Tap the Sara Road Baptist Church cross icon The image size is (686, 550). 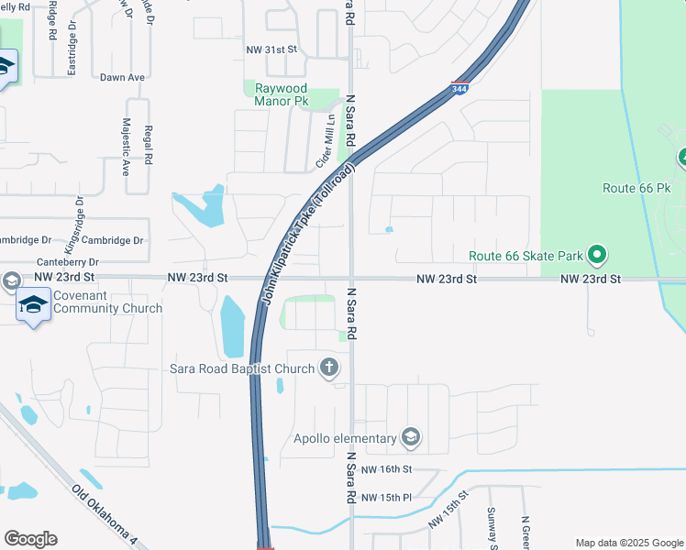click(x=329, y=368)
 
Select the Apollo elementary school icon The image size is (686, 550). click(x=411, y=438)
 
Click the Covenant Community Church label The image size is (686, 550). click(x=107, y=302)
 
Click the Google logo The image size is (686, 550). click(x=29, y=539)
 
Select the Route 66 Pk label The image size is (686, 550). click(x=638, y=188)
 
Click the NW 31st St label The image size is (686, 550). click(x=271, y=49)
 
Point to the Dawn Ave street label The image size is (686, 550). click(x=123, y=78)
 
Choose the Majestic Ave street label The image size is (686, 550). click(x=127, y=147)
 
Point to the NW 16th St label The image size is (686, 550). click(x=387, y=469)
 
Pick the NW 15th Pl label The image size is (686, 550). click(x=387, y=498)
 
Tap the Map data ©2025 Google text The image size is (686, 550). click(x=628, y=542)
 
